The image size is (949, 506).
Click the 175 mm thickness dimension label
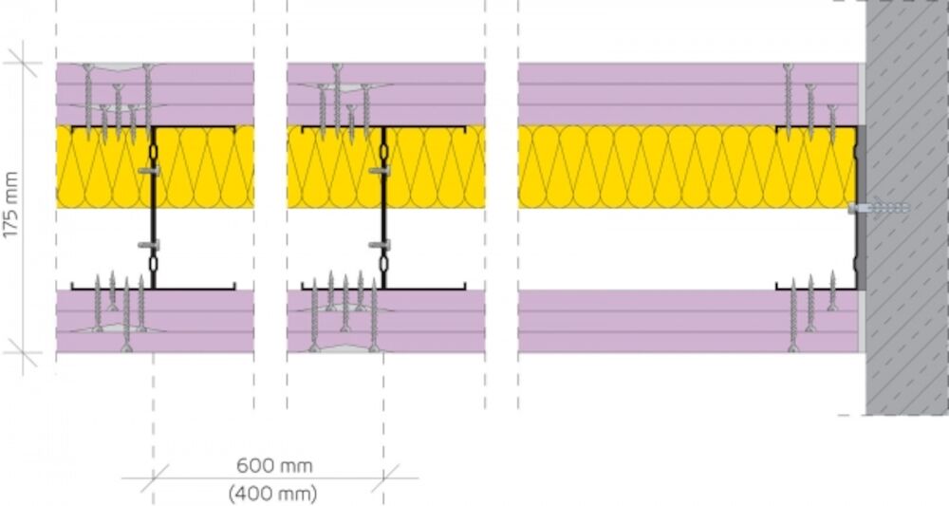point(10,204)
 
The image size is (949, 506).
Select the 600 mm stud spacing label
point(274,466)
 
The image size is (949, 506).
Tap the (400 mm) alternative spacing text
point(272,494)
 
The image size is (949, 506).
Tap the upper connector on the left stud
point(149,171)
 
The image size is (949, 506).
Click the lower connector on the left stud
point(149,245)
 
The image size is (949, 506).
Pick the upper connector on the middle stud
point(380,171)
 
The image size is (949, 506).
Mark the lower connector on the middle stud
point(380,245)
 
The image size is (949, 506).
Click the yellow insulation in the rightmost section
point(687,167)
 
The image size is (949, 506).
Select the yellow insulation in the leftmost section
point(155,167)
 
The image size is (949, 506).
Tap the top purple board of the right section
point(688,94)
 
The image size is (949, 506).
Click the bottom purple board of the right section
point(688,321)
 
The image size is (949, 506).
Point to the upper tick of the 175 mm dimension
point(23,63)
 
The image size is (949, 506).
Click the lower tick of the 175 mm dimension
point(23,353)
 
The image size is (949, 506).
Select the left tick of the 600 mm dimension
point(153,478)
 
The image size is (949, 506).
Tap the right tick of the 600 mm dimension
point(383,478)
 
